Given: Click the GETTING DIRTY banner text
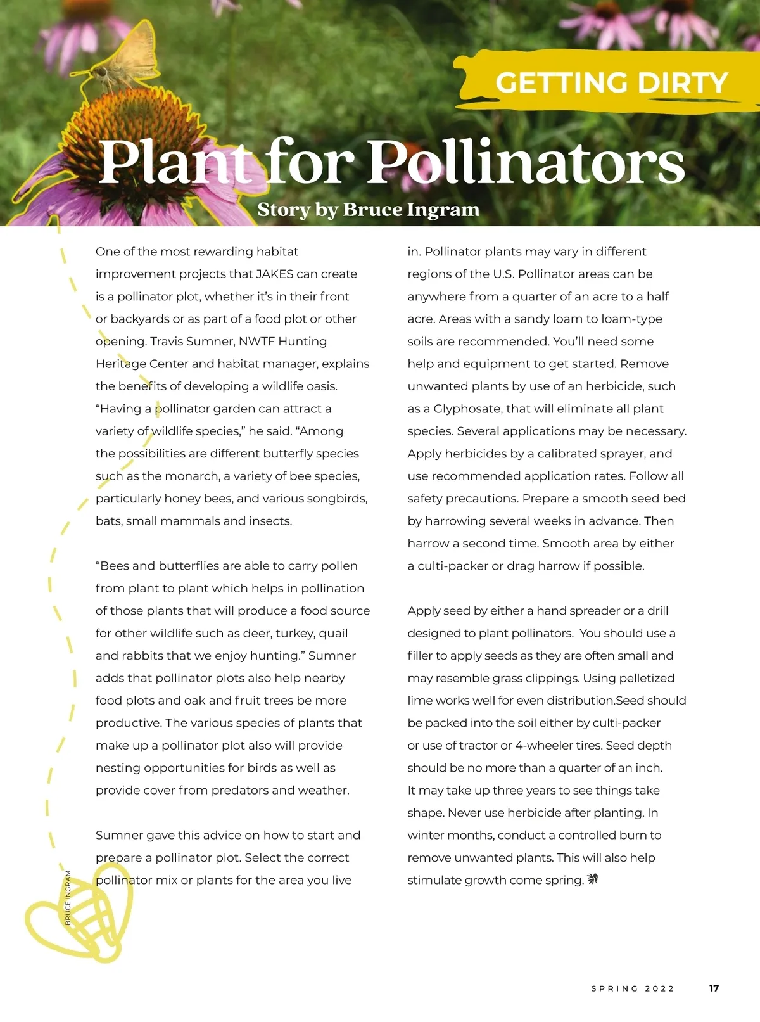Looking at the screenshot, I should [611, 83].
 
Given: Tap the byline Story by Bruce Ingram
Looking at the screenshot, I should [368, 209].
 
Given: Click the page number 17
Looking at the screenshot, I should [714, 988].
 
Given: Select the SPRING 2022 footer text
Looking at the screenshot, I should [633, 988].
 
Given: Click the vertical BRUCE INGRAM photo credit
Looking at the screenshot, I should [68, 897].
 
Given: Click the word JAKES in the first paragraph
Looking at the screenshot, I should [274, 274].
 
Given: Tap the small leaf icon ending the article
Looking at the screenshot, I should [593, 879].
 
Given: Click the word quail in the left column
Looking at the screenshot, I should [333, 634].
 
